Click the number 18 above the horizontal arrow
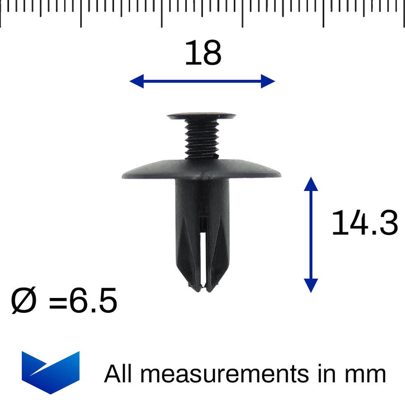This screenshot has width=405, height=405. click(x=203, y=53)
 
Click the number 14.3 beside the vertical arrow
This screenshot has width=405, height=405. click(x=364, y=224)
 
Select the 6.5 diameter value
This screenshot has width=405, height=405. click(x=93, y=301)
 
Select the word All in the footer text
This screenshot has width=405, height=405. click(x=120, y=374)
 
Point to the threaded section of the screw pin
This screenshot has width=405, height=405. click(x=201, y=138)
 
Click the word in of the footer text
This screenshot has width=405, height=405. click(x=326, y=374)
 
